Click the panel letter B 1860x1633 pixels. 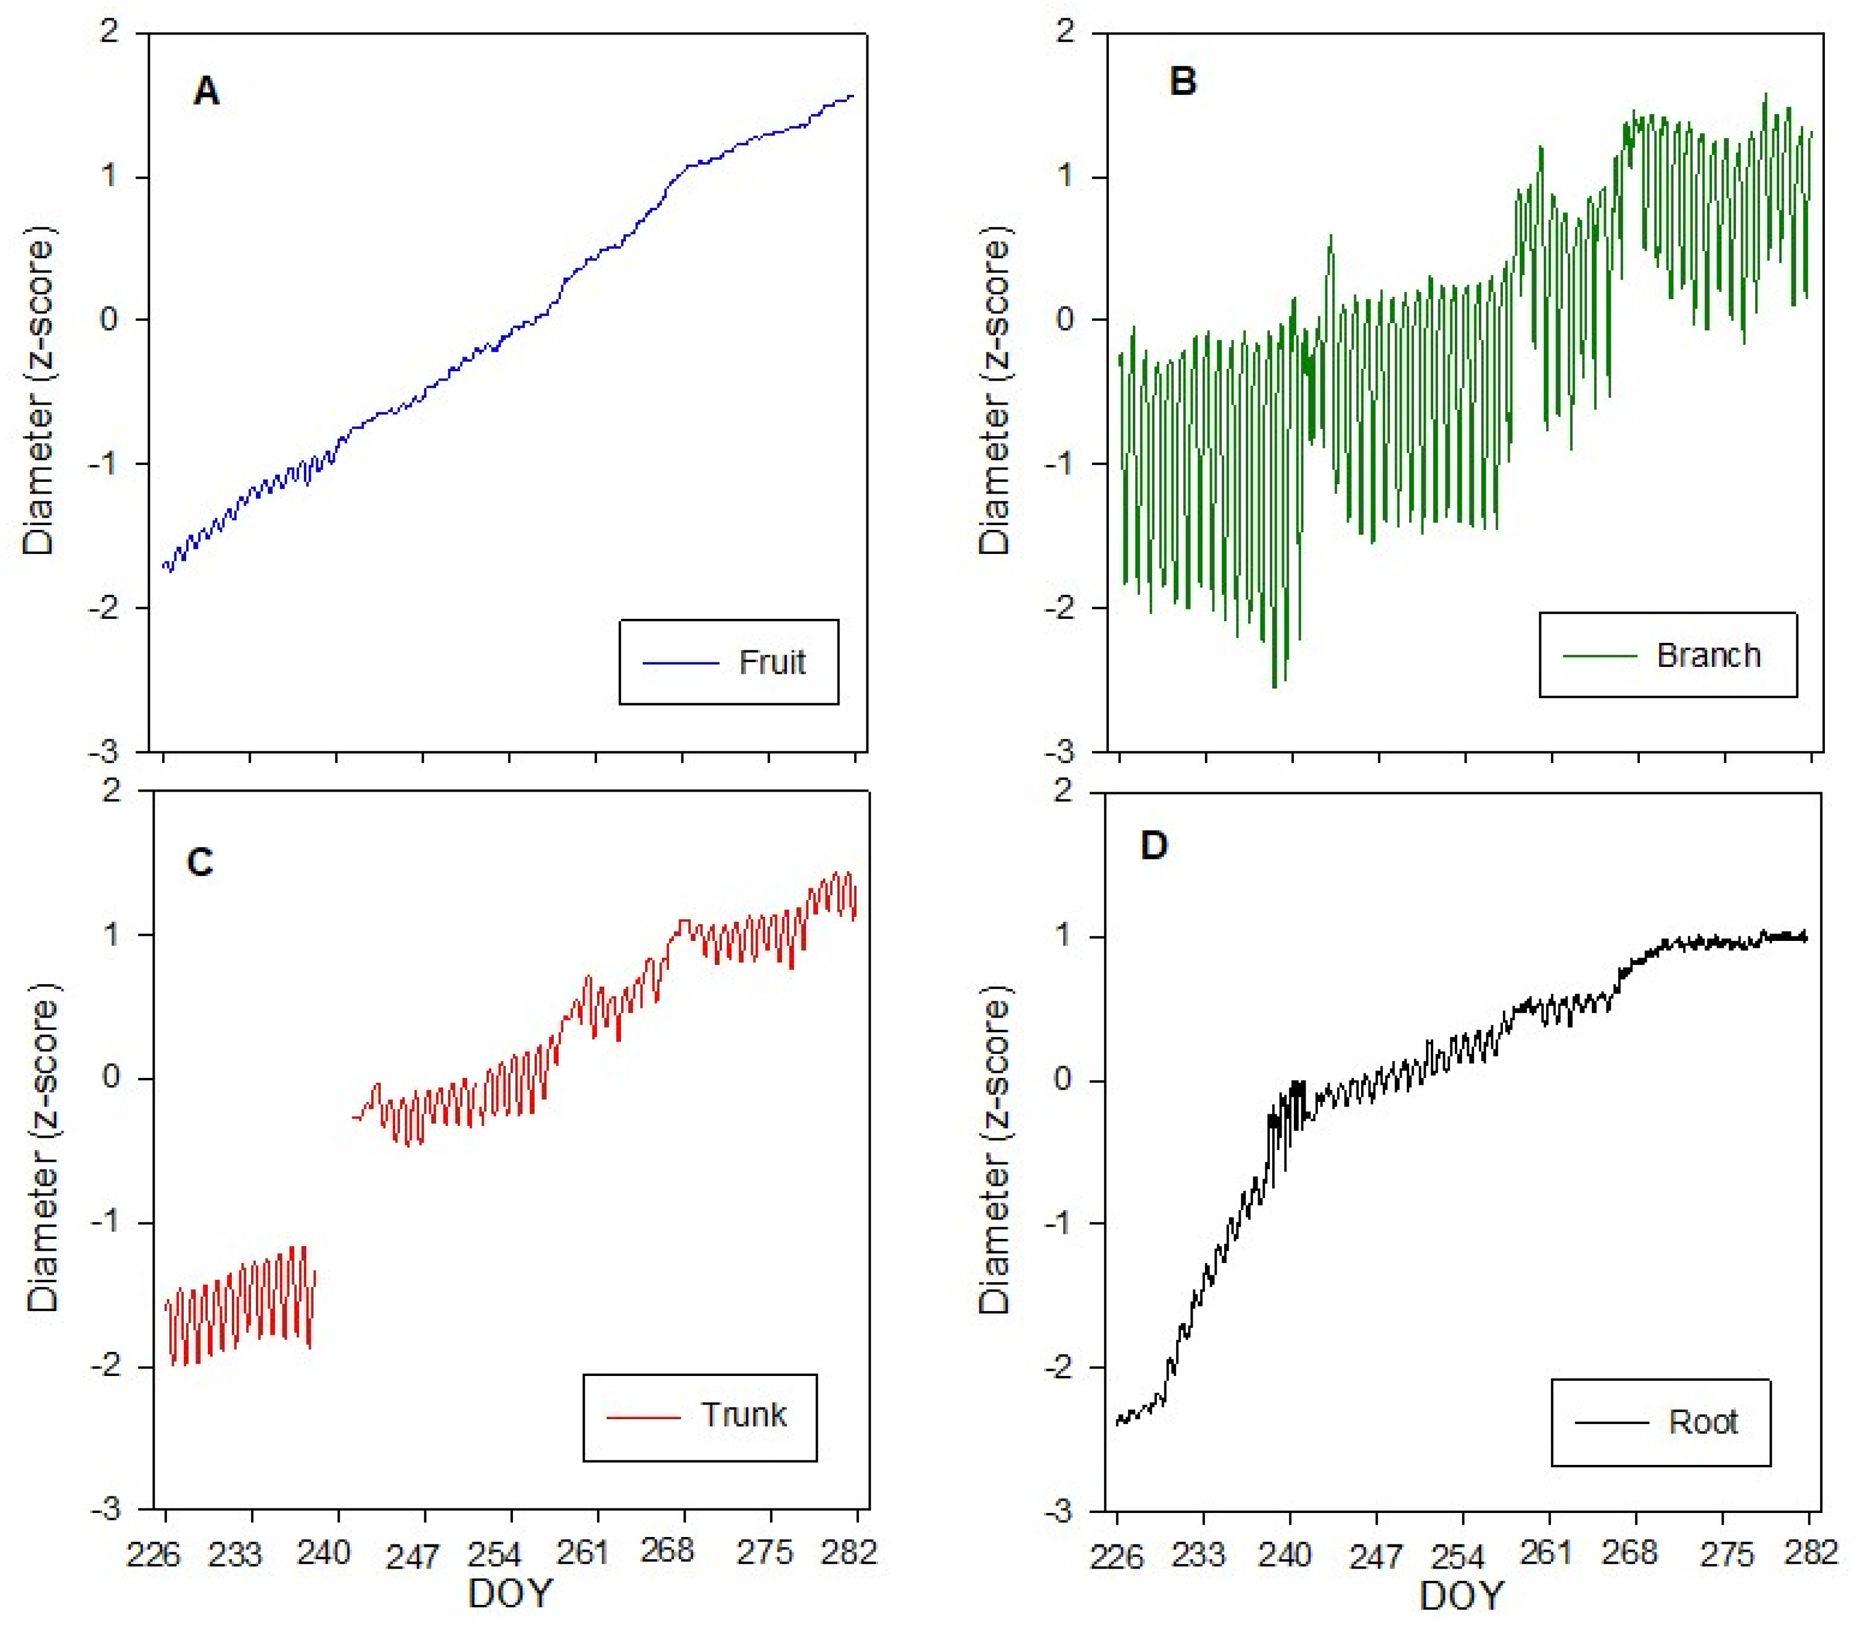1182,82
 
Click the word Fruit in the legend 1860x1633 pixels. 772,662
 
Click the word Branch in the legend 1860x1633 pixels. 1708,655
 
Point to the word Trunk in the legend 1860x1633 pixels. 744,1415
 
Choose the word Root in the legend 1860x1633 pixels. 1703,1422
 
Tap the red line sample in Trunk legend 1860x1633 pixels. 643,1416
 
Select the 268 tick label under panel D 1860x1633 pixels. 1629,1551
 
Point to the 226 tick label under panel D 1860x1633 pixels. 1116,1556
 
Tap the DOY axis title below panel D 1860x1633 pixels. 1461,1596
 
